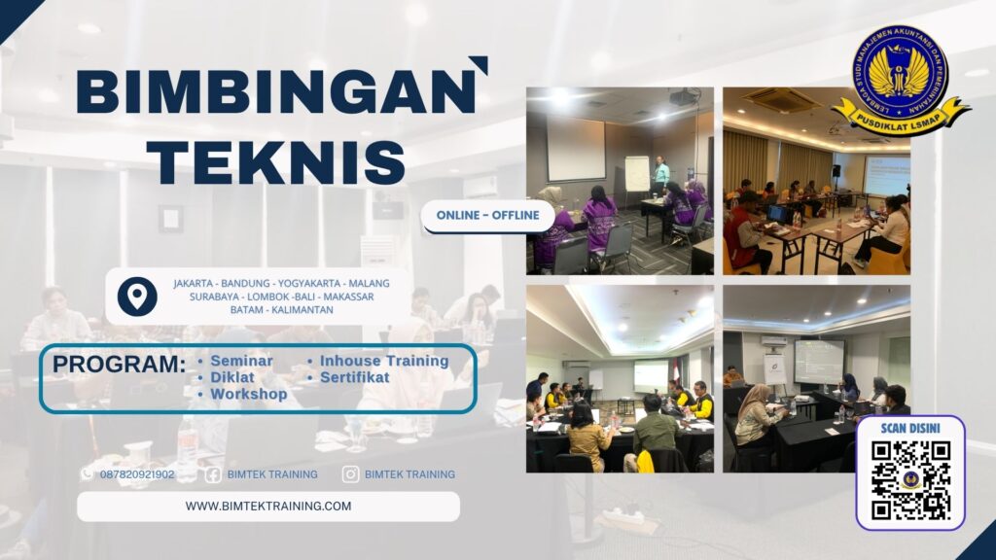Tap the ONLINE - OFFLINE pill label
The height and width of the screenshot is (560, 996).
pyautogui.click(x=487, y=215)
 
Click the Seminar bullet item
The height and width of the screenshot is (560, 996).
pyautogui.click(x=242, y=361)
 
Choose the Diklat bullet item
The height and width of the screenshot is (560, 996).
pyautogui.click(x=233, y=377)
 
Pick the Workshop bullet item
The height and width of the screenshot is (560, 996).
pyautogui.click(x=249, y=394)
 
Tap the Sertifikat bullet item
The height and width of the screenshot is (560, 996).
pyautogui.click(x=355, y=377)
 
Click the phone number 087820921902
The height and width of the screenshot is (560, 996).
pyautogui.click(x=137, y=474)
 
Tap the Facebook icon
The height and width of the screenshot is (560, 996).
pyautogui.click(x=212, y=474)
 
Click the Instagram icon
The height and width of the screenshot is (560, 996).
pyautogui.click(x=350, y=474)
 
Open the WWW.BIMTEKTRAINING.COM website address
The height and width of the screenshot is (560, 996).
pyautogui.click(x=268, y=506)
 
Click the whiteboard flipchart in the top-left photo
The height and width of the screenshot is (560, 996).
pyautogui.click(x=637, y=173)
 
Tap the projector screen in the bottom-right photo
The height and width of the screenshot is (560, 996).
pyautogui.click(x=818, y=360)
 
